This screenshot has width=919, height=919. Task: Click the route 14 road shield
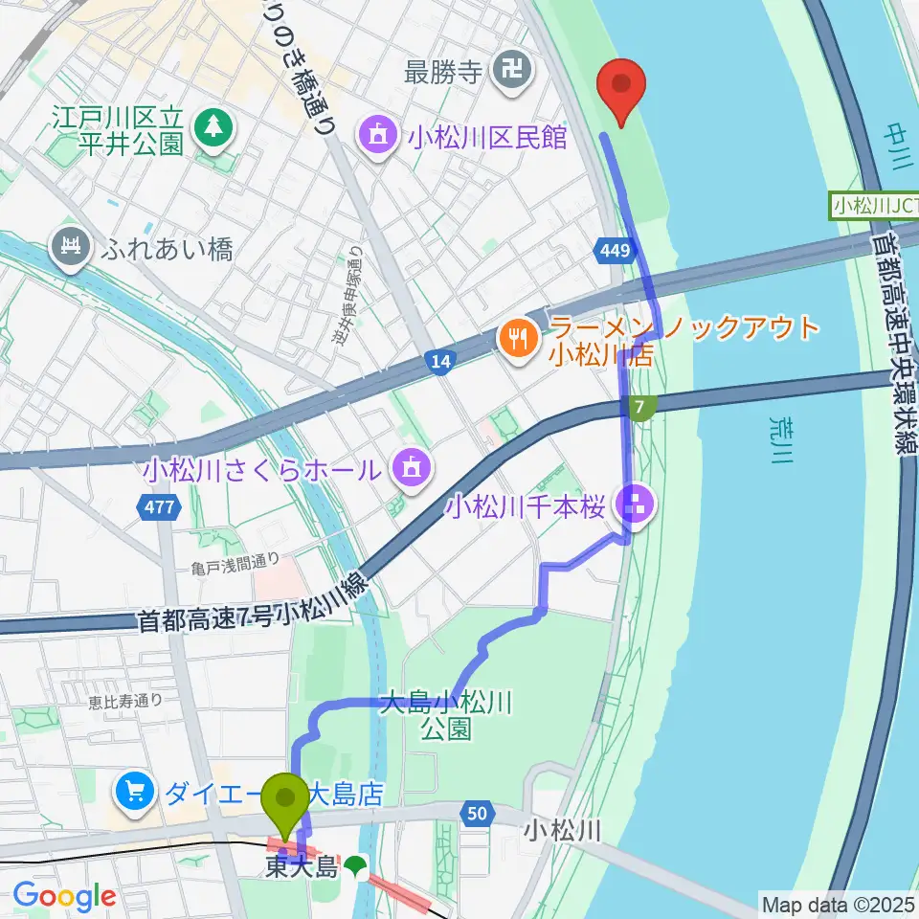(x=439, y=361)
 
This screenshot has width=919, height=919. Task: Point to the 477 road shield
(x=161, y=507)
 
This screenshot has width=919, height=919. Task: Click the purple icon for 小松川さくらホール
(x=411, y=469)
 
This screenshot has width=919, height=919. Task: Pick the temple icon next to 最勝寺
(x=509, y=70)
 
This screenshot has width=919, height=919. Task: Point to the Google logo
(x=64, y=896)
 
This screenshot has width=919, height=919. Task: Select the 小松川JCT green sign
(x=875, y=205)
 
